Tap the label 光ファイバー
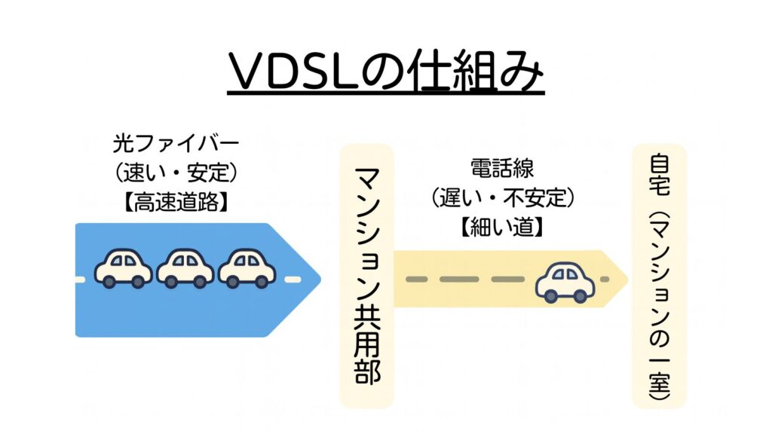[175, 141]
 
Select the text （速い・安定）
[175, 173]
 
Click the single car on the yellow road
[565, 282]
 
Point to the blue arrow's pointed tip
[320, 280]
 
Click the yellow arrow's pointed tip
[626, 280]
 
